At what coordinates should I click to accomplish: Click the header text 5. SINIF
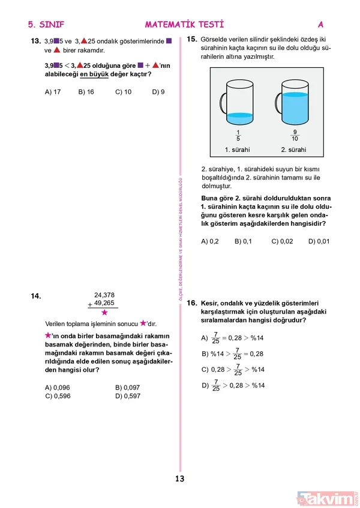tap(46, 25)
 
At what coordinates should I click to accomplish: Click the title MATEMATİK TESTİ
tap(184, 25)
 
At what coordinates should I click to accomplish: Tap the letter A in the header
tap(320, 25)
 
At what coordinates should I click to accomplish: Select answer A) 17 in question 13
tap(53, 92)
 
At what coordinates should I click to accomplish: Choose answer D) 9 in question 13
tap(158, 92)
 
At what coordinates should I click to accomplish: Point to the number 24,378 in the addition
tap(104, 294)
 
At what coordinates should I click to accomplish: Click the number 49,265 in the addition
tap(104, 303)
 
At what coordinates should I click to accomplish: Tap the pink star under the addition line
tap(104, 313)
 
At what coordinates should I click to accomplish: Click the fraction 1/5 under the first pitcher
tap(238, 135)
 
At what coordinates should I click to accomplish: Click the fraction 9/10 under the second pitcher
tap(295, 135)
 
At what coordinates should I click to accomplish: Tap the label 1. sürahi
tap(238, 150)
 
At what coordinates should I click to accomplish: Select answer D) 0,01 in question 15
tap(319, 241)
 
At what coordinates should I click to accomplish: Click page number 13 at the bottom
tap(179, 479)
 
